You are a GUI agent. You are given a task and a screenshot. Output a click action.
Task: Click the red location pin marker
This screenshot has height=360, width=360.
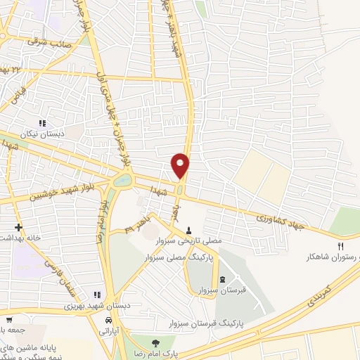coord(181,165)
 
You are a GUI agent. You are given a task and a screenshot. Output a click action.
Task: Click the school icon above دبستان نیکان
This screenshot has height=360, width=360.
coord(43,122)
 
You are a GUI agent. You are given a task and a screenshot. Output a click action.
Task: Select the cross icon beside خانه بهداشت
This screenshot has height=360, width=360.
coord(18,228)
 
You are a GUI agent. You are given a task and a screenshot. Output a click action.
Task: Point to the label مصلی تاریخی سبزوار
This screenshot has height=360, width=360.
coord(192,240)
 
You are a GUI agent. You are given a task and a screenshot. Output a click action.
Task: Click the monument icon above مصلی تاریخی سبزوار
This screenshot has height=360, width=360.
coord(188,231)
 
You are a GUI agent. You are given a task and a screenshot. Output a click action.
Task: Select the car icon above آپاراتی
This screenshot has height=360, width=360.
coord(108,320)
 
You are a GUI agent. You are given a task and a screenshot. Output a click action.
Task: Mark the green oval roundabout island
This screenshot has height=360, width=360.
coord(121,181)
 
